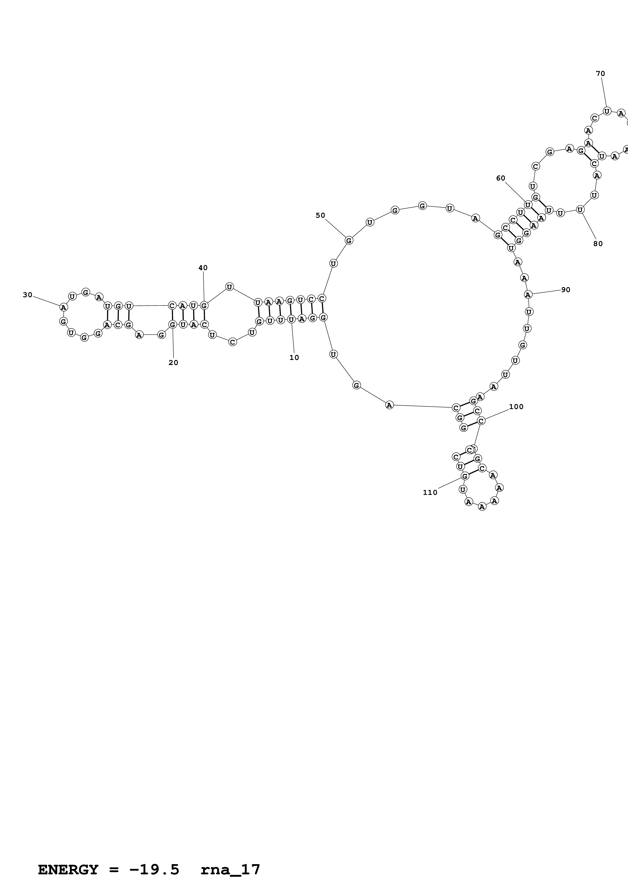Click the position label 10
pos(294,358)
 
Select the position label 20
pos(173,363)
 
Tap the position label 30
pos(27,295)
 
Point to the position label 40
pos(203,268)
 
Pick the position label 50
pos(320,215)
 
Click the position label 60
pos(501,178)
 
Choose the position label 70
pos(601,73)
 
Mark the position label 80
pos(598,244)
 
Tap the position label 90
pos(566,290)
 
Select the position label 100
pos(516,407)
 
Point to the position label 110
pos(430,492)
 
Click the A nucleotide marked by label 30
pos(63,308)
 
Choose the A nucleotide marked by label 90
pos(528,295)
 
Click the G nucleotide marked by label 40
pos(204,306)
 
